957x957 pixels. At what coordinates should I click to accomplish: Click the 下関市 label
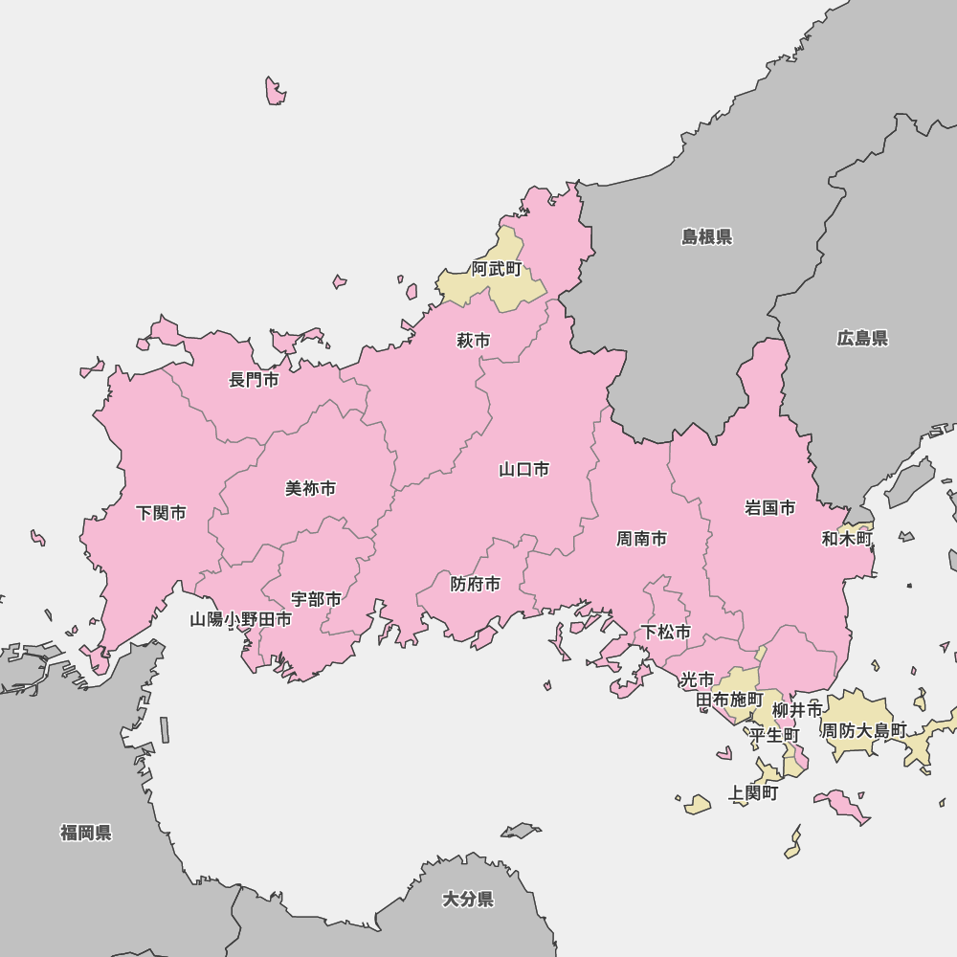(161, 513)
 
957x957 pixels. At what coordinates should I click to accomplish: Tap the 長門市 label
(254, 380)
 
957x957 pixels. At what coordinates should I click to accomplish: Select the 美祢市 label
(311, 488)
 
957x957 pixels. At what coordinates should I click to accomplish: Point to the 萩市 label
(474, 340)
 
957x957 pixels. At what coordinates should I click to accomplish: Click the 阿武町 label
(498, 269)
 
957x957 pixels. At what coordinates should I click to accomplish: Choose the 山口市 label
(524, 469)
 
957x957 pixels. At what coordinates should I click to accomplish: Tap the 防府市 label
(476, 584)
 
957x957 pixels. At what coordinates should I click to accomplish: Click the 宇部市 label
(316, 599)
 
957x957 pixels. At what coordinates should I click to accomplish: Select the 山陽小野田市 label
(240, 619)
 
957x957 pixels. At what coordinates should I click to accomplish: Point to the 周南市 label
(641, 539)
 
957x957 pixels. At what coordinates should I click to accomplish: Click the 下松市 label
(666, 632)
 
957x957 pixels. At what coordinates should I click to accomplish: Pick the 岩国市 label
(770, 507)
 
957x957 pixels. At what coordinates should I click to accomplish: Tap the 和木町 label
(847, 539)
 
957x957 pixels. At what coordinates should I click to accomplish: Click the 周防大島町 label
(864, 730)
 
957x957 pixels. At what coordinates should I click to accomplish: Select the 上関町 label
(753, 792)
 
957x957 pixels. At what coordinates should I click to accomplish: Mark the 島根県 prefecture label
(707, 236)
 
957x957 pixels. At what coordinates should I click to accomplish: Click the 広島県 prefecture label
(862, 338)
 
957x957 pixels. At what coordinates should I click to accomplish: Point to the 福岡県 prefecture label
(86, 833)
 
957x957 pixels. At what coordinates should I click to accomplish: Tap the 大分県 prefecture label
(468, 899)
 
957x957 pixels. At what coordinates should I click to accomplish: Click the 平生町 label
(774, 735)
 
